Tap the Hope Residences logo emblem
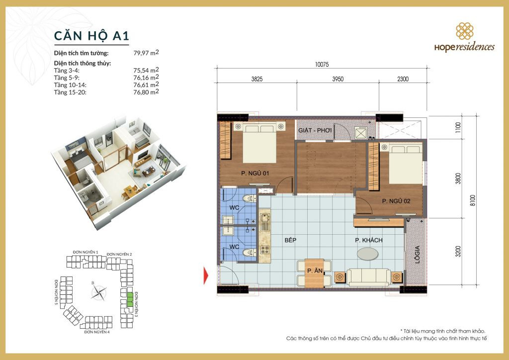tap(465, 31)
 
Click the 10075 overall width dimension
tap(322, 64)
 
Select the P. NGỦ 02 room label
tap(396, 201)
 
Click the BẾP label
tap(291, 240)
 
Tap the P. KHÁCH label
tap(368, 240)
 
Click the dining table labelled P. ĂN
tap(314, 272)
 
